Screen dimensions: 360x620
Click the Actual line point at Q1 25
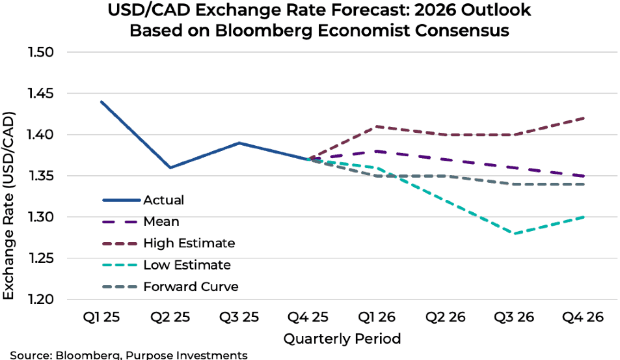[101, 102]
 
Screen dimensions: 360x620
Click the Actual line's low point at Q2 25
[170, 167]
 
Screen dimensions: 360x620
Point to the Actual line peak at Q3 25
[239, 143]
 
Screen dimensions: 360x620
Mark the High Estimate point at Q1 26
[377, 126]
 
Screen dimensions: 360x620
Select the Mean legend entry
[161, 221]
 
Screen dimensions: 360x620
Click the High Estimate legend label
[189, 243]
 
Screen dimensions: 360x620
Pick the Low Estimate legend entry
[187, 265]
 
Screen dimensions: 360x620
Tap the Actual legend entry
[163, 200]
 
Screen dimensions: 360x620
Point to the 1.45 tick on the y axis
[41, 94]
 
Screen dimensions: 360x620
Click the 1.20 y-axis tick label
[41, 299]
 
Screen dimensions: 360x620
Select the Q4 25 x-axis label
[308, 318]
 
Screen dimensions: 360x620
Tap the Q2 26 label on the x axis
[445, 318]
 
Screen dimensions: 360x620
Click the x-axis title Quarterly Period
[342, 339]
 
